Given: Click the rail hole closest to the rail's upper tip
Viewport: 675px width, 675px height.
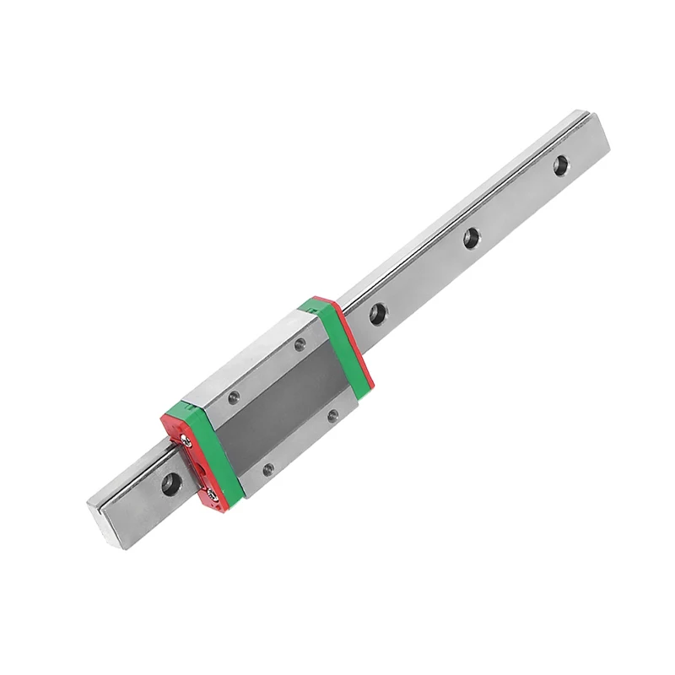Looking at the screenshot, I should pyautogui.click(x=560, y=165).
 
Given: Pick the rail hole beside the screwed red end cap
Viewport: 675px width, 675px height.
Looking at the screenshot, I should pyautogui.click(x=170, y=483).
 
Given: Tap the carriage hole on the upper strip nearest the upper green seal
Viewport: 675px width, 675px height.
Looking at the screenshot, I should pyautogui.click(x=300, y=343).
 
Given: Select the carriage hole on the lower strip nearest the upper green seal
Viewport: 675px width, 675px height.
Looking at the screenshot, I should pyautogui.click(x=333, y=415).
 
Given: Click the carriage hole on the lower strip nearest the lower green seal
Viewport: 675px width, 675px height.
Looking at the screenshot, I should pyautogui.click(x=268, y=469).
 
